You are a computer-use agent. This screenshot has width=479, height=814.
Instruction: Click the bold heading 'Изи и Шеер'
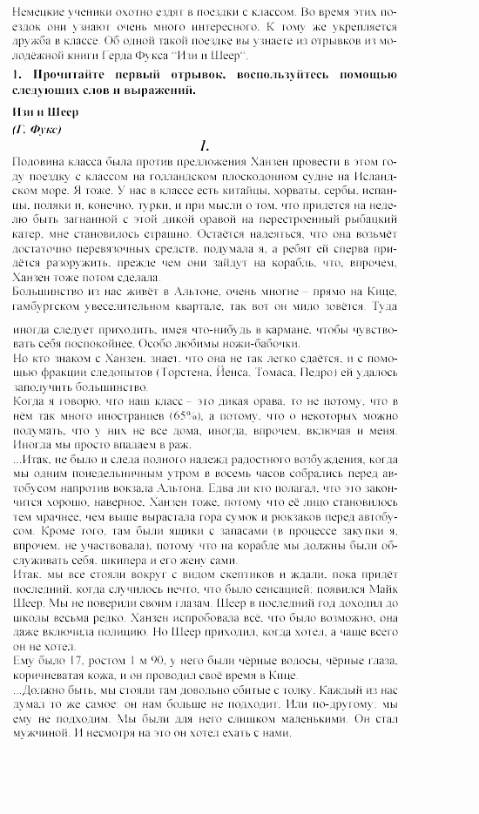coord(46,112)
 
